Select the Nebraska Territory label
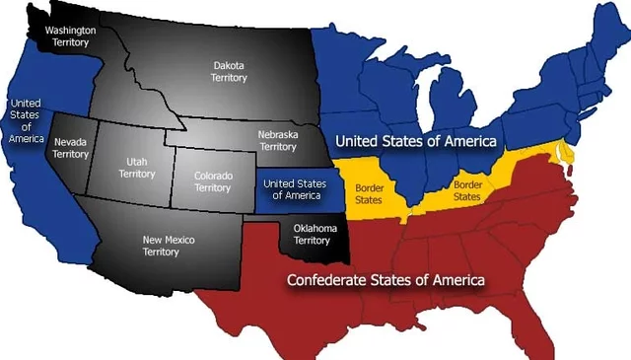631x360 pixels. point(277,140)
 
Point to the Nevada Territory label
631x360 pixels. point(71,148)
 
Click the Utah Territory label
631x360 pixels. point(137,167)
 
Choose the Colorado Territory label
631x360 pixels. point(213,181)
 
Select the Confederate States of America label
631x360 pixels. point(386,281)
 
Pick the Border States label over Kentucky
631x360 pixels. point(466,190)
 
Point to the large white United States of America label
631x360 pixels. point(413,142)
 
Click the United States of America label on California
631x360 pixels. point(26,120)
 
